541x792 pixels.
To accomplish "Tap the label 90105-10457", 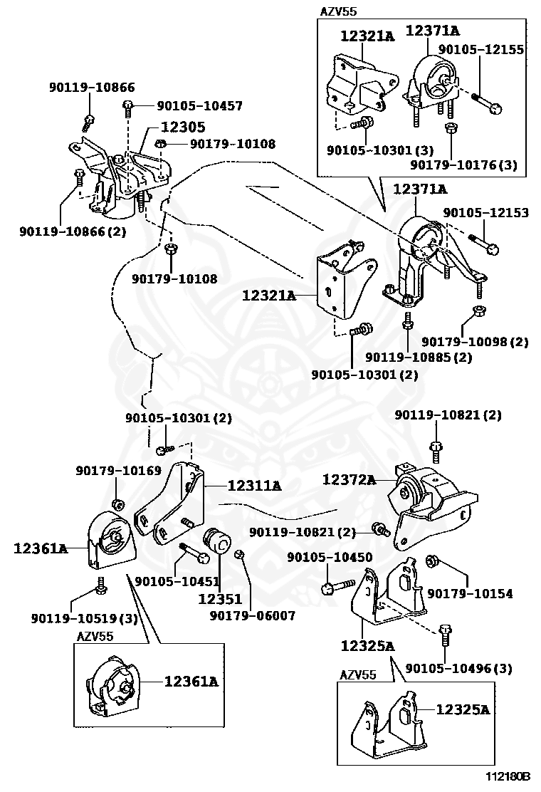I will [199, 106].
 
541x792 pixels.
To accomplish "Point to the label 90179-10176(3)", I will [463, 165].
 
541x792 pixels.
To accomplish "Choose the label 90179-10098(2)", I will [475, 342].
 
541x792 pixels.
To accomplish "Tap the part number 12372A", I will [348, 479].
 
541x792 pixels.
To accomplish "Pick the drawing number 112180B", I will [509, 776].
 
